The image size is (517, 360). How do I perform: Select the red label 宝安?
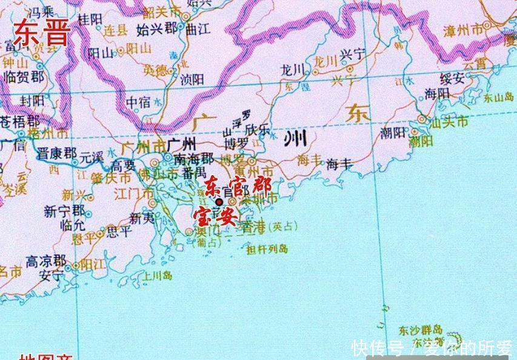point(214,216)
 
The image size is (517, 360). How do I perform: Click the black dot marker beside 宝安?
point(219,202)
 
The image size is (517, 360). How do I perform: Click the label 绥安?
point(453,78)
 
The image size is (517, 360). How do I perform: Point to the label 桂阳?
point(92,19)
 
